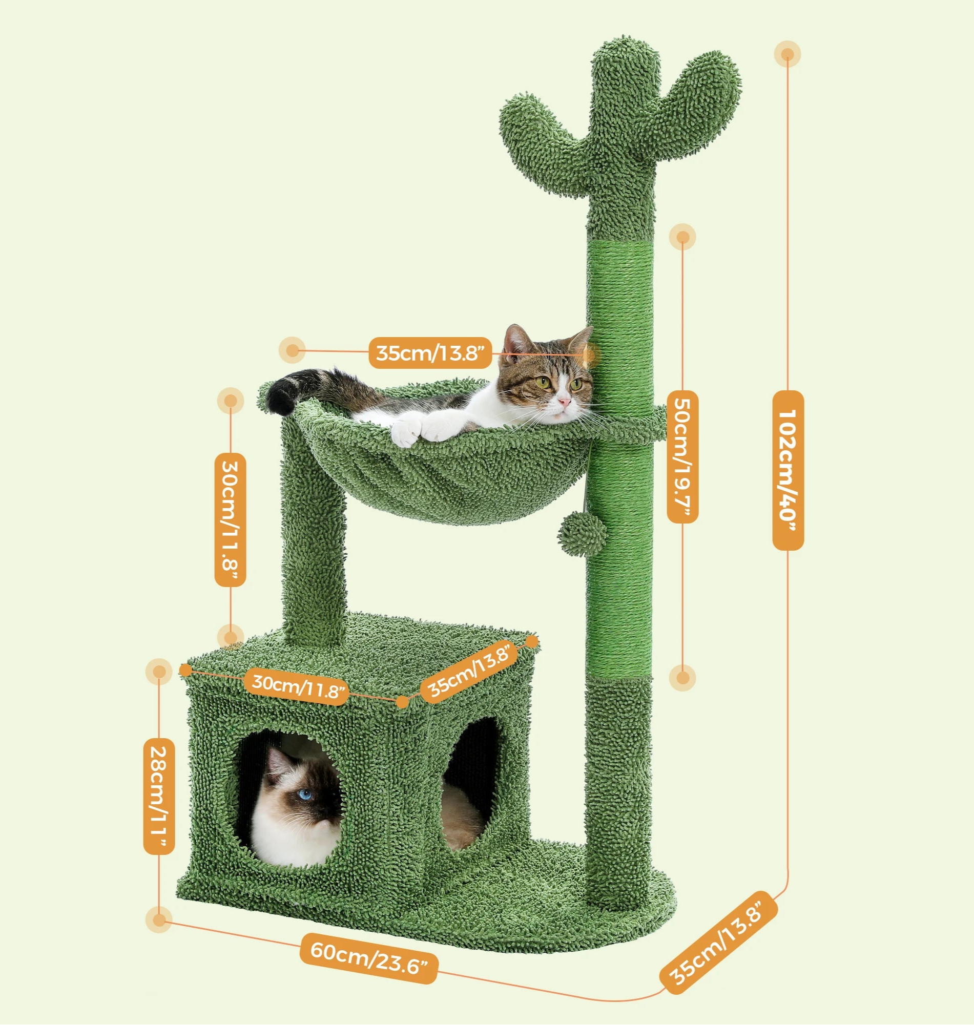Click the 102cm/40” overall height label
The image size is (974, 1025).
[x=788, y=470]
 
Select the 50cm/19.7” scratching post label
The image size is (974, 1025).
[x=682, y=457]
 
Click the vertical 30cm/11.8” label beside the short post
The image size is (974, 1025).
[x=230, y=519]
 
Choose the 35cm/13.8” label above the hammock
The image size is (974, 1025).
[x=430, y=353]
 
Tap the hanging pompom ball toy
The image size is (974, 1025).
[x=582, y=534]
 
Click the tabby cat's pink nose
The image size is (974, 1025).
[x=563, y=401]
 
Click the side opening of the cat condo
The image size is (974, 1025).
[x=470, y=784]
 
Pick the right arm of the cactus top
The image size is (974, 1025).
[x=691, y=104]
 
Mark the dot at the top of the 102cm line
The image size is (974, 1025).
[x=787, y=54]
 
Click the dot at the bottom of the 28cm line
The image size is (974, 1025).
[x=159, y=920]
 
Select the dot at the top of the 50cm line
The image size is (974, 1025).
[x=682, y=237]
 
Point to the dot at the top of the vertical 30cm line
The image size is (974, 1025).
[x=230, y=401]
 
